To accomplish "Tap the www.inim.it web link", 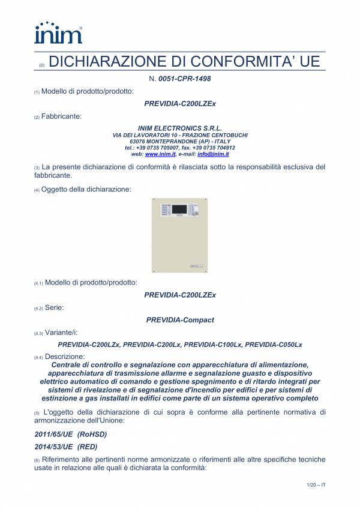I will pos(158,154).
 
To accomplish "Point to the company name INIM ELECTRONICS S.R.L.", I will pos(180,128).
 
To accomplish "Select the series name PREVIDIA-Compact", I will pos(180,320).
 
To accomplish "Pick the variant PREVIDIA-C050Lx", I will pos(274,345).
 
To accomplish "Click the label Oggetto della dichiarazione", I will pos(86,190).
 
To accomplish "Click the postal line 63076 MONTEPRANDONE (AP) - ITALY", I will pos(180,141).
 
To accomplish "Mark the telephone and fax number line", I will pos(180,148).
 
